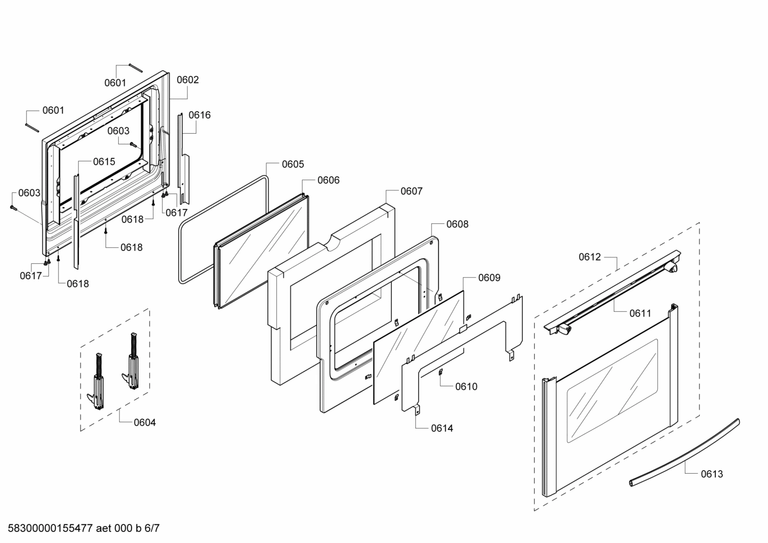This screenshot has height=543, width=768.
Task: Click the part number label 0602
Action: point(187,80)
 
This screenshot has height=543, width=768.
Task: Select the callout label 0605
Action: point(293,164)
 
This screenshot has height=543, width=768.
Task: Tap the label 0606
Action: point(328,180)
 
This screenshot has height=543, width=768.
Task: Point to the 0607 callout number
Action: point(411,191)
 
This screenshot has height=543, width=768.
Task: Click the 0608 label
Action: point(457,224)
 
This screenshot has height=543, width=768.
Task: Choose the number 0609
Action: point(489,278)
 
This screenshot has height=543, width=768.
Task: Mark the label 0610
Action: point(466,386)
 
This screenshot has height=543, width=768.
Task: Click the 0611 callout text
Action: point(640,313)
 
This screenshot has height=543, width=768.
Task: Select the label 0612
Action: point(590,257)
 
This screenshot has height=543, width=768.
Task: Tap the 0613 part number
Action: point(712,474)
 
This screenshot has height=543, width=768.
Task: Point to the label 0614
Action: point(442,428)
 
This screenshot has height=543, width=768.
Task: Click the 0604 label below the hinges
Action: point(145,423)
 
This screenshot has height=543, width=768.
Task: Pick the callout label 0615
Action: point(104,161)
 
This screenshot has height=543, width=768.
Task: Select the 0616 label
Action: point(199,115)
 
